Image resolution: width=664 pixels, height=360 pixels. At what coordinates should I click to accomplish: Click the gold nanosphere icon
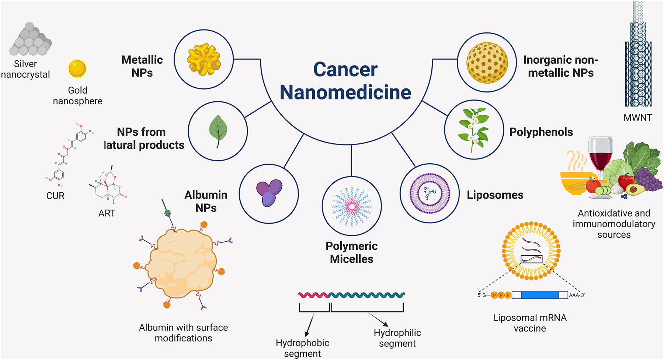click(77, 69)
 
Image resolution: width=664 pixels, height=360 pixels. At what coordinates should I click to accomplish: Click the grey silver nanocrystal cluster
click(30, 40)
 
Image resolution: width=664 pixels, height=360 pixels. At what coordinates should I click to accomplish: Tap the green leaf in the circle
click(218, 130)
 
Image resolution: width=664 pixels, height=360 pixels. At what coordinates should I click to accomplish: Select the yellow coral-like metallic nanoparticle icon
click(204, 59)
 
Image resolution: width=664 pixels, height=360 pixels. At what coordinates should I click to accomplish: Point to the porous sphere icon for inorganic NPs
click(487, 62)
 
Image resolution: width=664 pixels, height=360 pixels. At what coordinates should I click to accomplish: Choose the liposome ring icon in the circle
click(430, 193)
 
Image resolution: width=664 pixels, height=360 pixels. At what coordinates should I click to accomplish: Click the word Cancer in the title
click(345, 69)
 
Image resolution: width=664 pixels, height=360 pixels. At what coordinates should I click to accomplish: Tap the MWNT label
click(637, 118)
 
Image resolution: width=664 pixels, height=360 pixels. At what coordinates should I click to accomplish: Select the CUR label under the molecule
click(55, 196)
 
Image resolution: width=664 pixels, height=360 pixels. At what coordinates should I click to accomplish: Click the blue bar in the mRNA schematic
click(539, 295)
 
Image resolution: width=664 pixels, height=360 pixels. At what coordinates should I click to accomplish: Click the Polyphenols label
click(541, 132)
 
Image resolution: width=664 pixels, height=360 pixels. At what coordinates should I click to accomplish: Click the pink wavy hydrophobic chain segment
click(313, 295)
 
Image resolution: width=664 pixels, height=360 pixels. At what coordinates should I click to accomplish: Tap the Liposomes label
click(495, 195)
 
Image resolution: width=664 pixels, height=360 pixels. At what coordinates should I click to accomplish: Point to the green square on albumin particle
click(167, 213)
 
